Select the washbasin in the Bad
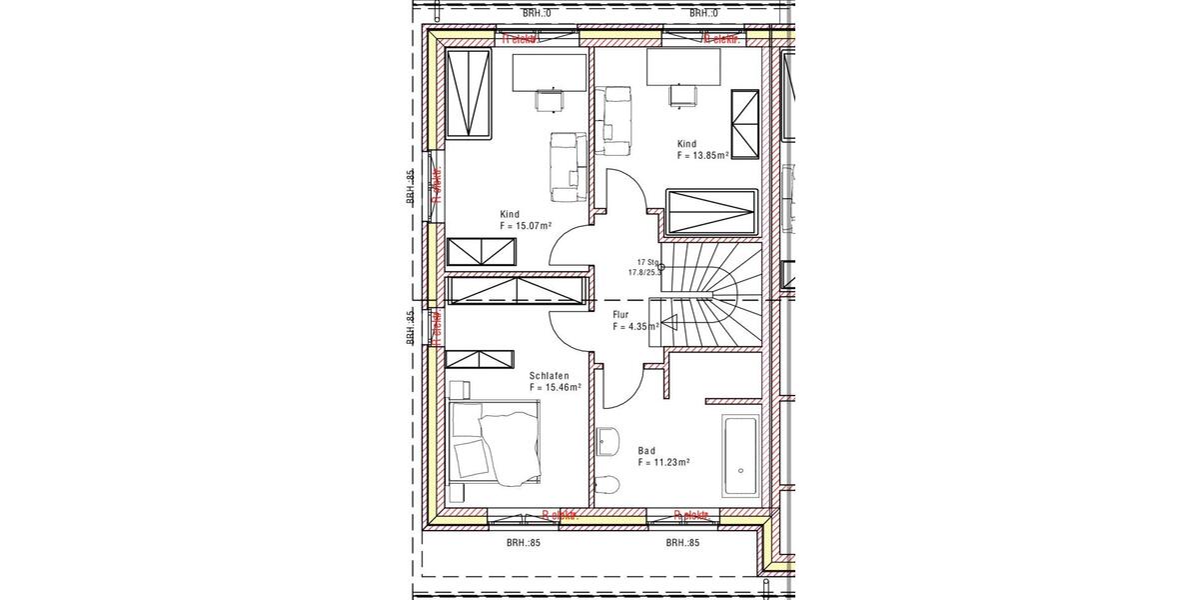pyautogui.click(x=606, y=439)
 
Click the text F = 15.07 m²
pyautogui.click(x=526, y=227)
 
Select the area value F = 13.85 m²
pyautogui.click(x=702, y=155)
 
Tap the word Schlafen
pyautogui.click(x=550, y=375)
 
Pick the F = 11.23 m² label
pyautogui.click(x=664, y=462)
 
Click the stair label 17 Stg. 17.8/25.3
pyautogui.click(x=644, y=267)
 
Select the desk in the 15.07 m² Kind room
pyautogui.click(x=550, y=73)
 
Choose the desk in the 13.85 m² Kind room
pyautogui.click(x=683, y=68)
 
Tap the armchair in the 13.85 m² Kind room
pyautogui.click(x=615, y=120)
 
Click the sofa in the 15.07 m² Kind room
pyautogui.click(x=566, y=166)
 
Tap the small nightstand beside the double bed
pyautogui.click(x=459, y=387)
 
